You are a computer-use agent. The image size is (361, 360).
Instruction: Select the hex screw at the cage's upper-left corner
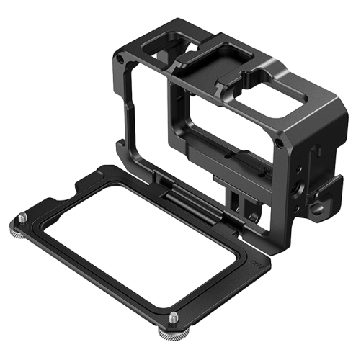(x=118, y=53)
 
